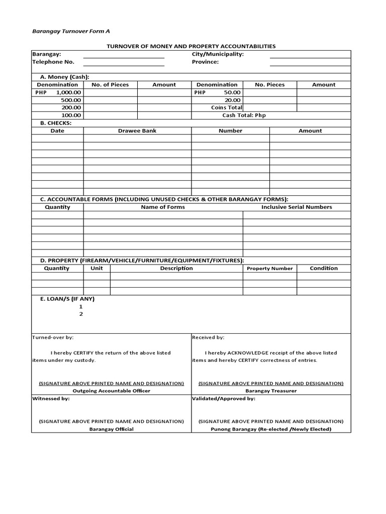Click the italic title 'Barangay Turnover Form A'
coord(71,31)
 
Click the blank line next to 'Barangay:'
coord(124,57)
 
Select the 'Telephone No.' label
coord(53,62)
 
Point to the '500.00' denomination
coord(71,100)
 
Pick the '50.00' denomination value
coord(232,92)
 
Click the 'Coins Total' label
coord(227,107)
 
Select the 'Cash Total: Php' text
coord(244,115)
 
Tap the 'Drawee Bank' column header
coord(137,131)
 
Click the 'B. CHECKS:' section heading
coord(56,122)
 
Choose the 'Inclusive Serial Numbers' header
coord(297,207)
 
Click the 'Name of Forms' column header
coord(163,207)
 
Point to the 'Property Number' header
coord(270,269)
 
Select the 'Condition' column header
coord(324,268)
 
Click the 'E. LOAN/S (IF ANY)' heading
coord(67,299)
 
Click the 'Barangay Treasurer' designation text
coord(271,391)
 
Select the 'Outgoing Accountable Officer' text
coord(112,391)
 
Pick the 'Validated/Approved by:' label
coord(224,398)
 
